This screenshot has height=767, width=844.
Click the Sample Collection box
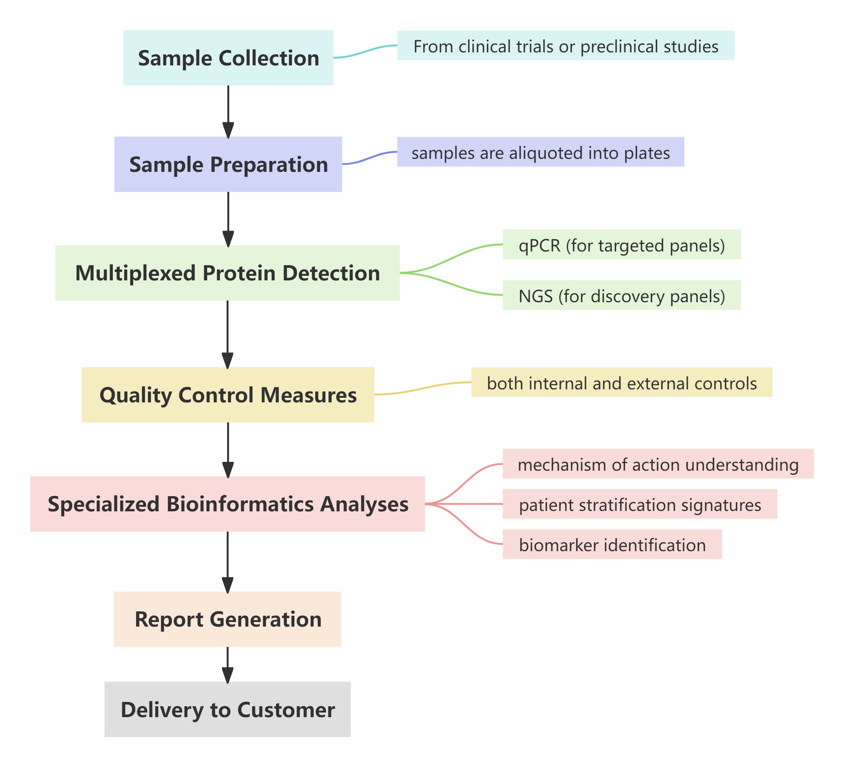point(228,58)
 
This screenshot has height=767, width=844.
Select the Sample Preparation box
point(228,164)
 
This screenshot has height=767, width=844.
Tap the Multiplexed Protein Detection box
point(227,273)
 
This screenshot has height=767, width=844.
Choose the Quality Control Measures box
point(228,395)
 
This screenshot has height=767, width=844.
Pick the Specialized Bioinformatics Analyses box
point(227,504)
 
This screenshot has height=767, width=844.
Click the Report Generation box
point(227,619)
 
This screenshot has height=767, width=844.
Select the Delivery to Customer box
point(227,709)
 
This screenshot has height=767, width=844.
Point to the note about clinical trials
point(565,46)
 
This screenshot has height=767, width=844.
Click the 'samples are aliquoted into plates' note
point(540,152)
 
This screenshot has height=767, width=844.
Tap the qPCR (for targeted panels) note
point(621,245)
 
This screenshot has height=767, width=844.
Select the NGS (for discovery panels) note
point(621,295)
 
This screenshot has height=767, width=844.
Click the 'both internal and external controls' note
point(621,383)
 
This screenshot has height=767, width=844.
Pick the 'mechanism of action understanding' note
point(658,464)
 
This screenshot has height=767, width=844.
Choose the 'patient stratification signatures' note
point(639,504)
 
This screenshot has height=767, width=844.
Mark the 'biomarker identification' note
point(612,544)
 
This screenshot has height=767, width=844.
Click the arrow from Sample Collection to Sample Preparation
point(228,111)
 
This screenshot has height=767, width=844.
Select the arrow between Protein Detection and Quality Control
point(228,334)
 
